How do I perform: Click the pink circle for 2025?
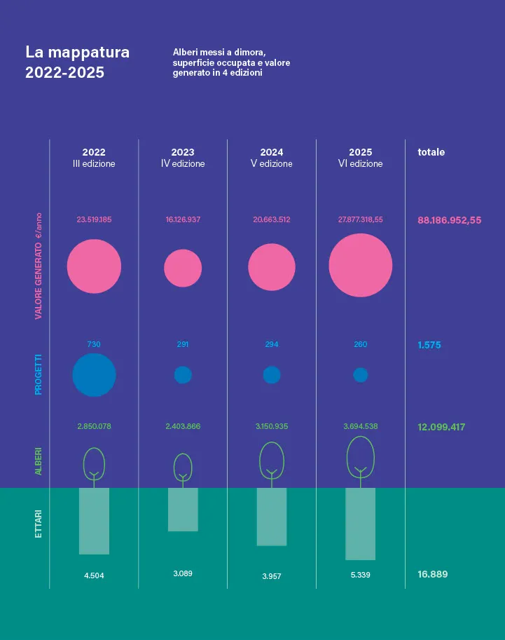361,265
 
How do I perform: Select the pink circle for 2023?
183,268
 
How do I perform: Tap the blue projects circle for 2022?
95,375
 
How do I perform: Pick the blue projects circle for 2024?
272,375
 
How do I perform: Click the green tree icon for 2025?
347,457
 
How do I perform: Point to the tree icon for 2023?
174,468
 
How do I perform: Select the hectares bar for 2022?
95,521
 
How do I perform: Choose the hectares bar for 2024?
272,517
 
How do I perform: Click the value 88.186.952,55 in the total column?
450,220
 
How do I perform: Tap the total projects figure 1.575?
429,345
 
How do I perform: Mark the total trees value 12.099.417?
441,428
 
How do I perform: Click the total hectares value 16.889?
433,574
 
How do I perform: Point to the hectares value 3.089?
183,573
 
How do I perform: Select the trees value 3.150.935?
272,426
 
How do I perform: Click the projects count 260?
361,344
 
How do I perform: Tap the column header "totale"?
431,152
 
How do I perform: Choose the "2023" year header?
183,152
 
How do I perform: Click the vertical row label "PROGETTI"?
39,375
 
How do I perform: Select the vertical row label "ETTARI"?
39,524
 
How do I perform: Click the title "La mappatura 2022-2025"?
78,62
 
